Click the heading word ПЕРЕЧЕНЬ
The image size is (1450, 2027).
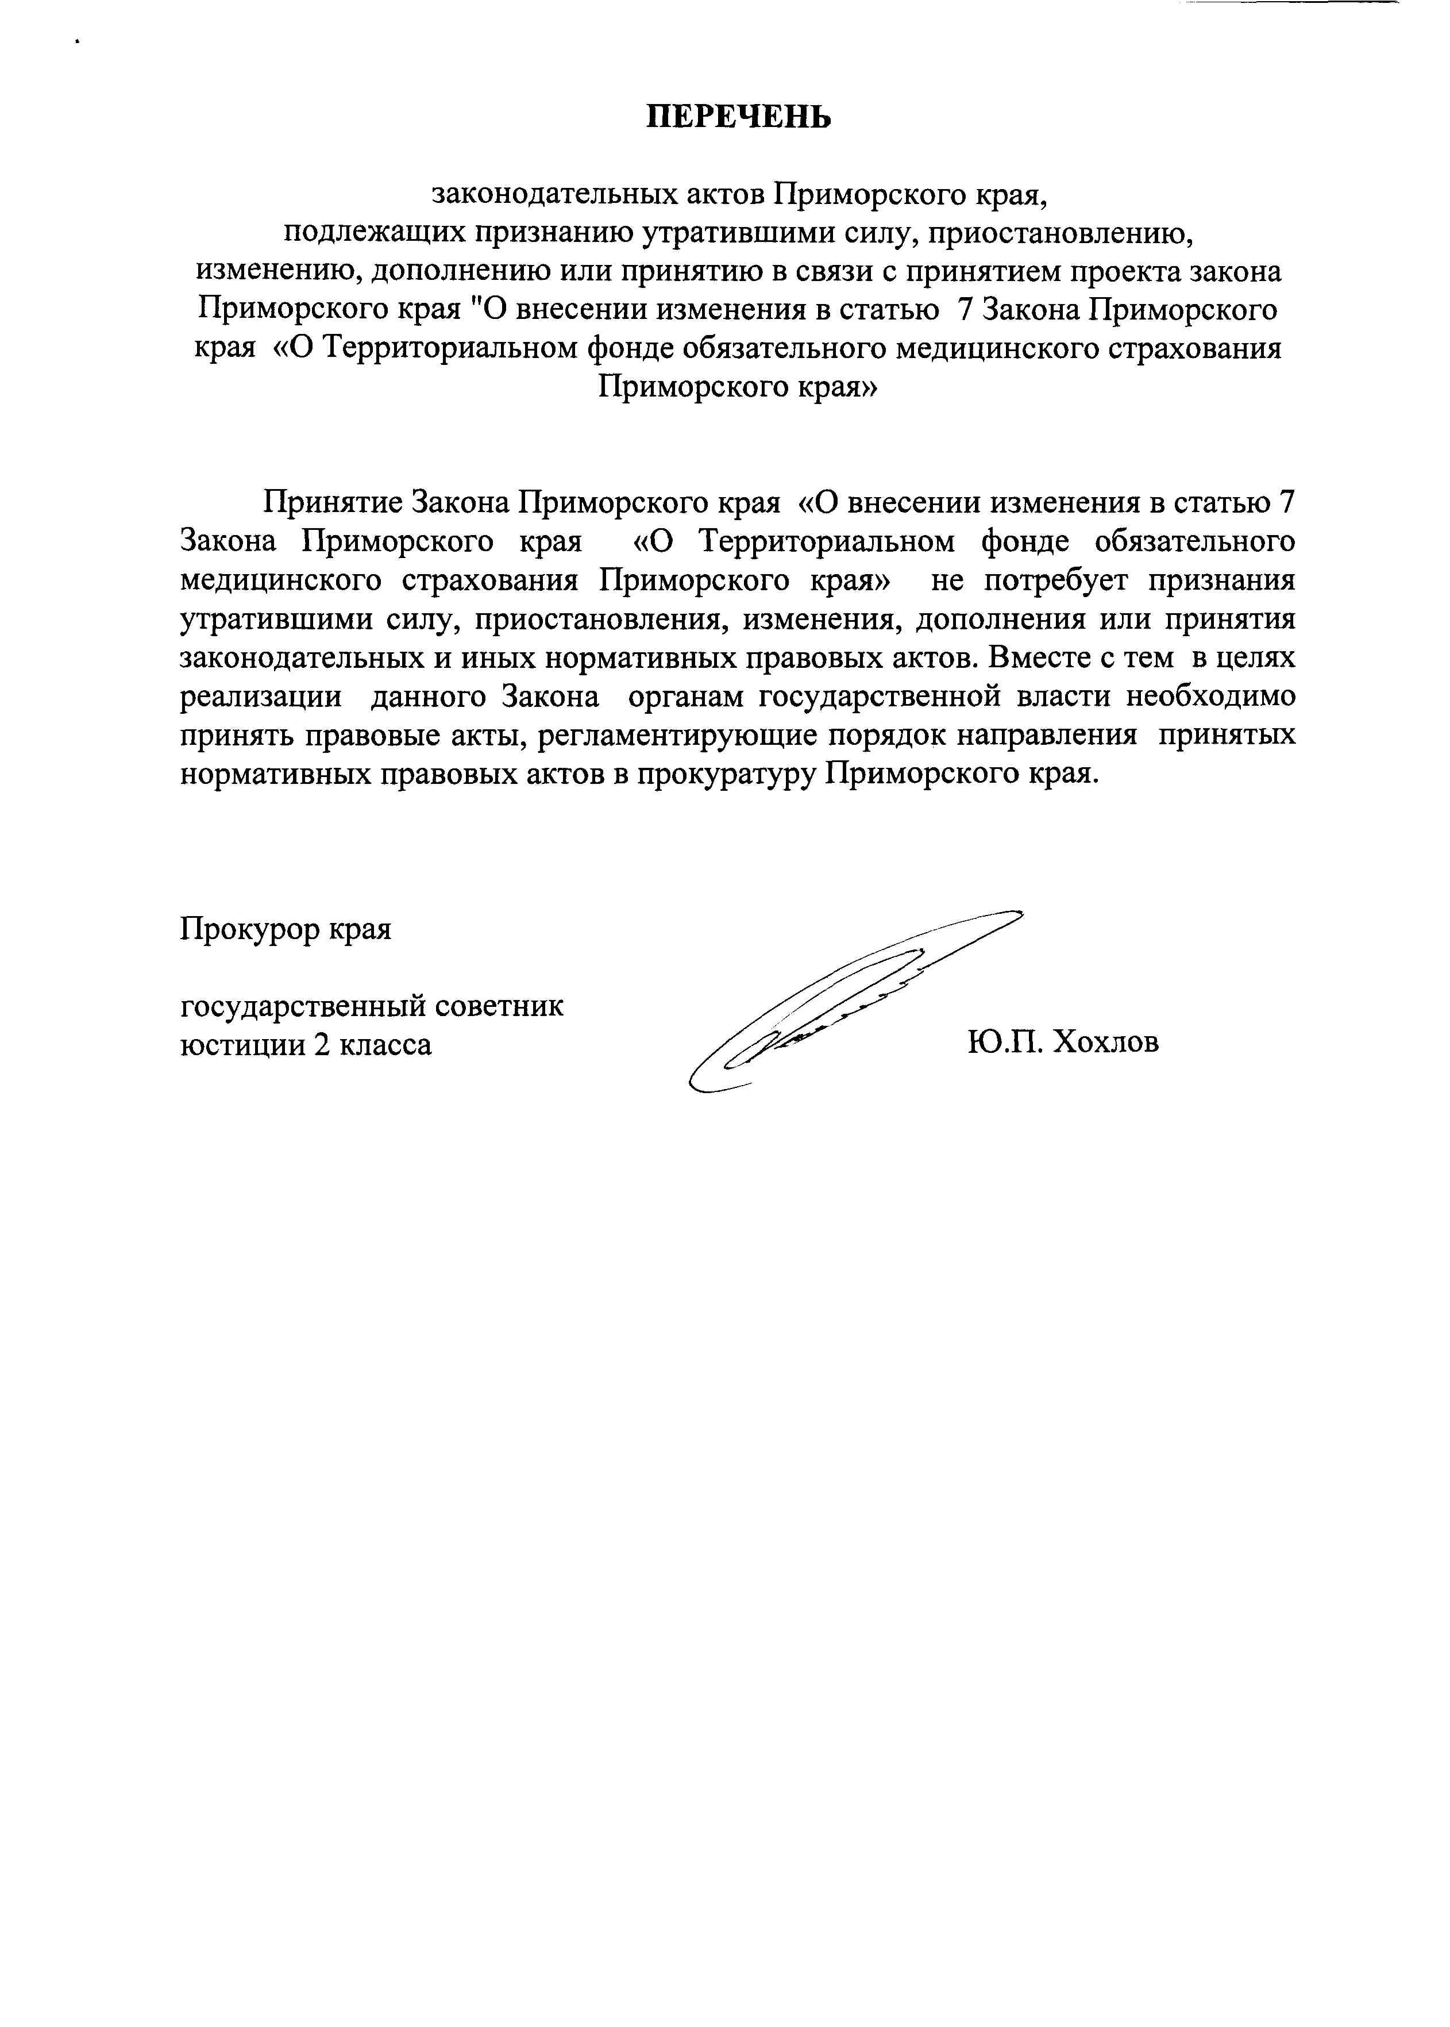point(738,117)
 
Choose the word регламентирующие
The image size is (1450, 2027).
point(678,736)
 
